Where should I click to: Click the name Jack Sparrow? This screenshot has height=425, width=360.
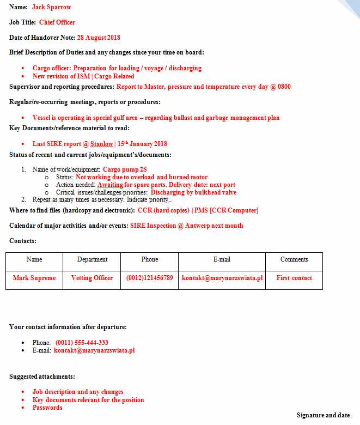click(51, 7)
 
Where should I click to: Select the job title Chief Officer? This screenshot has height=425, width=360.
click(57, 22)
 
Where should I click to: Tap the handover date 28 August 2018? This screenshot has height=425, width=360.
click(99, 38)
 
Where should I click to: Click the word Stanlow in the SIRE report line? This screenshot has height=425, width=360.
click(101, 144)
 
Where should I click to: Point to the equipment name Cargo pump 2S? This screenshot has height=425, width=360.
click(125, 169)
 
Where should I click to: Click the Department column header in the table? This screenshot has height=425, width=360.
click(92, 259)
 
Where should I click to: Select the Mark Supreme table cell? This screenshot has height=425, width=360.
click(34, 278)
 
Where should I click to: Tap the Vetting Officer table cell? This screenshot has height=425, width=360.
click(92, 278)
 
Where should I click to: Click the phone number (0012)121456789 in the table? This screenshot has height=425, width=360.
click(150, 278)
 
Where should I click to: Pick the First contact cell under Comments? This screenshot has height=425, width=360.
click(294, 278)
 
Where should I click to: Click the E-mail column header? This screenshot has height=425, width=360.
click(222, 259)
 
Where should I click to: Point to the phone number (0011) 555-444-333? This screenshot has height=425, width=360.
click(82, 343)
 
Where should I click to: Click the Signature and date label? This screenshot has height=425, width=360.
click(323, 415)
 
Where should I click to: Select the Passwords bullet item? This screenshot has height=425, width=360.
click(47, 408)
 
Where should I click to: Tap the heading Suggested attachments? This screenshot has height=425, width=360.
click(42, 377)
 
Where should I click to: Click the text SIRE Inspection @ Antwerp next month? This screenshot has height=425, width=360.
click(186, 226)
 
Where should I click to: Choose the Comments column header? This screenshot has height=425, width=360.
click(294, 259)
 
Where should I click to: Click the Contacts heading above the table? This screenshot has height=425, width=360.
click(23, 241)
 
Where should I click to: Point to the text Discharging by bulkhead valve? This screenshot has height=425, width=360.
click(193, 192)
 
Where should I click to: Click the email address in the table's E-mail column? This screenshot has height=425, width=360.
click(222, 278)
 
